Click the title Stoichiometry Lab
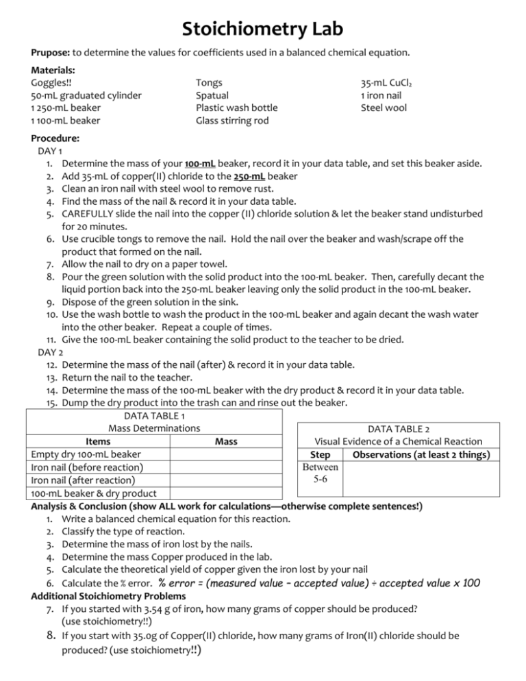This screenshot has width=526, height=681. (263, 30)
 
